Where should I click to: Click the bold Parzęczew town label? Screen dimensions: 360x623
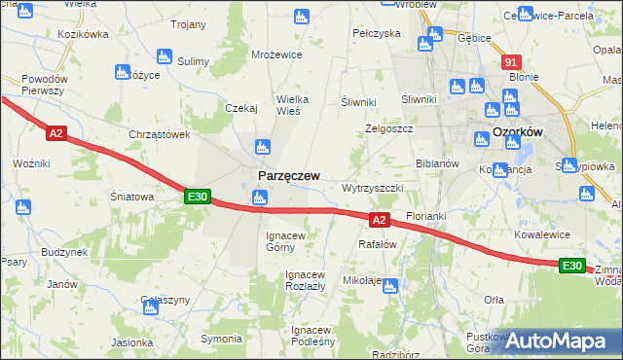(x=288, y=175)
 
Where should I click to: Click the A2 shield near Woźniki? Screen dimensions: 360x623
(x=55, y=133)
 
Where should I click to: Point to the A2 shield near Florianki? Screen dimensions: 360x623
(x=380, y=221)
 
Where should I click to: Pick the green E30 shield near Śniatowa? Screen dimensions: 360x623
(x=197, y=197)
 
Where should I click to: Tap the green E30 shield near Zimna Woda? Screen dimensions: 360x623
(x=572, y=266)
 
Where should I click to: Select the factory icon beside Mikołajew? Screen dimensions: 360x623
(x=390, y=286)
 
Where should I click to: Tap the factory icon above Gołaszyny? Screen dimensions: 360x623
(x=151, y=307)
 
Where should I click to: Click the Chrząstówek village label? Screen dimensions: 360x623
(x=159, y=134)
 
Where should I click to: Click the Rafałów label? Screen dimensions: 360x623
(x=379, y=244)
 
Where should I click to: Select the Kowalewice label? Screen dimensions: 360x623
(x=541, y=234)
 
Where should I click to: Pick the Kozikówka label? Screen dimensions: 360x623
(x=83, y=34)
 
